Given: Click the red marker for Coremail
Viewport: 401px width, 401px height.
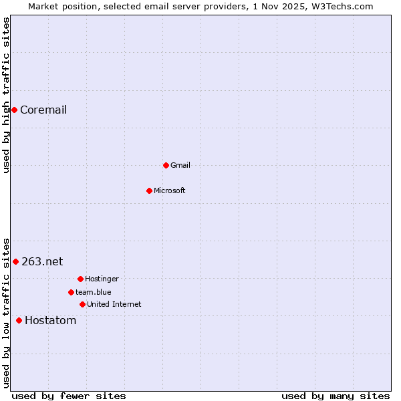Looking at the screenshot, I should [14, 110].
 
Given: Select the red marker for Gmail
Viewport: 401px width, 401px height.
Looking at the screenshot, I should [166, 165].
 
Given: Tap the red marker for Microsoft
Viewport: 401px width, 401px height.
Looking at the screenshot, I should [149, 190].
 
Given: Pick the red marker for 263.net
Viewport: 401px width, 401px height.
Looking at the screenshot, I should [15, 261].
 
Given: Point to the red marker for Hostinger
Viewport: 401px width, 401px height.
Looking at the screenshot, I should [80, 279].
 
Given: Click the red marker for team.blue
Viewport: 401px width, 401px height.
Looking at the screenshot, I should [71, 292].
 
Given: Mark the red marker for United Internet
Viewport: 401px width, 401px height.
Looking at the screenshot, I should [82, 304].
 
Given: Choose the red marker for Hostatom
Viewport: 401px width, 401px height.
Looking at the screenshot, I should [19, 320].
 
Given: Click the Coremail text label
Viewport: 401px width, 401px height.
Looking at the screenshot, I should [43, 110].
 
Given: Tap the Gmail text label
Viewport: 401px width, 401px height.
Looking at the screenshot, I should [180, 165].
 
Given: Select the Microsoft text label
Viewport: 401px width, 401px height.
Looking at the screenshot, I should [170, 190].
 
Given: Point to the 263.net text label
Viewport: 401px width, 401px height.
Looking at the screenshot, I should [42, 261].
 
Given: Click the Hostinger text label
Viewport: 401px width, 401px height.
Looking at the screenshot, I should [102, 279].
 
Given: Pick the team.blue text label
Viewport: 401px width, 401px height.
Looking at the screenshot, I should [94, 292].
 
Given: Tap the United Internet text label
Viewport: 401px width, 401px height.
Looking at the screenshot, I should [114, 304].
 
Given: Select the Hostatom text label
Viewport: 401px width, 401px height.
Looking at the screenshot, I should [51, 320].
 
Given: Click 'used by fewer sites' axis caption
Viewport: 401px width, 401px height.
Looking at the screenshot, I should [69, 396].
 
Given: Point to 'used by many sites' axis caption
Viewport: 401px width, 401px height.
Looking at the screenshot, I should [336, 396].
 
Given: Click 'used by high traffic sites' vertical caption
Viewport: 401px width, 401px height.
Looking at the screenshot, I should [6, 95].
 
